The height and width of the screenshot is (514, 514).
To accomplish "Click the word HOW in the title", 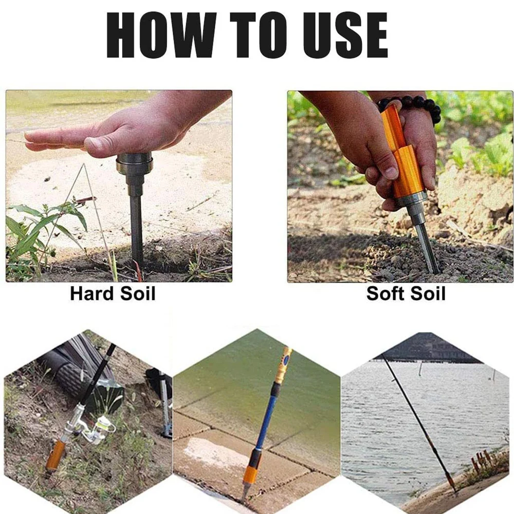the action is (161, 35).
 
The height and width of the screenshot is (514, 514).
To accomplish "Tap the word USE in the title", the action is (345, 35).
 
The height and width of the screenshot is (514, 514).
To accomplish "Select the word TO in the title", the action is (259, 35).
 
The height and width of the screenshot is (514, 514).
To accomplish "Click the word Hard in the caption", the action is (93, 293).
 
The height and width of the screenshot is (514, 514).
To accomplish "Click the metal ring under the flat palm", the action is (134, 163).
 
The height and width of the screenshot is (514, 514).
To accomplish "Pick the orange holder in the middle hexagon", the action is (250, 474).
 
